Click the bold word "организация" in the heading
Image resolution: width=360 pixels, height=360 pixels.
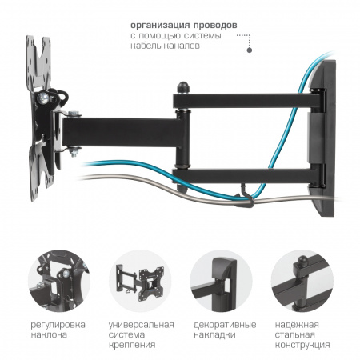coord(159,26)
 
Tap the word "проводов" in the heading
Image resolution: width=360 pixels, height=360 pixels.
coord(214,26)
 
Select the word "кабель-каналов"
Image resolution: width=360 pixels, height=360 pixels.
coord(165,46)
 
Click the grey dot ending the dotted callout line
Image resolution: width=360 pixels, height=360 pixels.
coord(250,50)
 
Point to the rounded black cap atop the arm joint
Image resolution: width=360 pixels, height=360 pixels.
coord(183,87)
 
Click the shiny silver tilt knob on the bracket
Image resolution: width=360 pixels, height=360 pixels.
coord(43,98)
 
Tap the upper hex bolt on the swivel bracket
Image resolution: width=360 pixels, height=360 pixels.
coord(74,114)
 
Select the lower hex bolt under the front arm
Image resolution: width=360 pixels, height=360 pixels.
coord(74,152)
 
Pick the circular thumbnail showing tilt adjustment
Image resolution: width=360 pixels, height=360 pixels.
coord(59,281)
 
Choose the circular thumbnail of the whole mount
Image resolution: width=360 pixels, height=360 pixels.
coord(140,281)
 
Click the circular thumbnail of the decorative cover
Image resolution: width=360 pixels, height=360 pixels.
coord(221,281)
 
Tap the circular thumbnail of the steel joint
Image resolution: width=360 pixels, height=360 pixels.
coord(302,281)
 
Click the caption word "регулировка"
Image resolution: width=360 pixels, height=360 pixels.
coord(58,325)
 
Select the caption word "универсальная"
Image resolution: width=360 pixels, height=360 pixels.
coord(141,325)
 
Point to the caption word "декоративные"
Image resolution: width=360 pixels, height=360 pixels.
coord(225,325)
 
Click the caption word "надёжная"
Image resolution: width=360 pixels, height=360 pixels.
coord(297,325)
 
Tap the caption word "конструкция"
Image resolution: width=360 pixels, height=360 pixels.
coord(302,345)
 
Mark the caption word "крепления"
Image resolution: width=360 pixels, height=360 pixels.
coord(132,345)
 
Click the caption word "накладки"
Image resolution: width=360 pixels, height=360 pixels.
coord(214,335)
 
